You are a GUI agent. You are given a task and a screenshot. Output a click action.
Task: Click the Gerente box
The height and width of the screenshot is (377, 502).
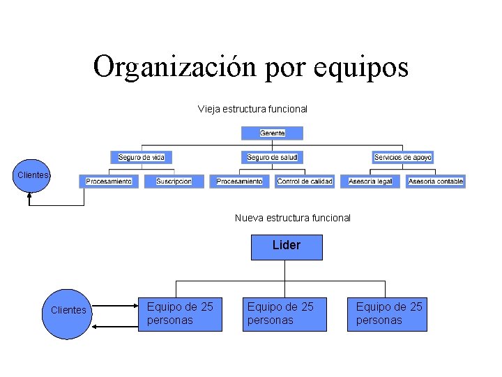(x=272, y=133)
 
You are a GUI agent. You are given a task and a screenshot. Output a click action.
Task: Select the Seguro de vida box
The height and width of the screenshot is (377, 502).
(x=142, y=158)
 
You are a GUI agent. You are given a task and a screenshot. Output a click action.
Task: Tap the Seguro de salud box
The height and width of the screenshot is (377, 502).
(x=272, y=158)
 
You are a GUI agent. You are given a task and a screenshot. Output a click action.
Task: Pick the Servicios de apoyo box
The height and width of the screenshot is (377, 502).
(x=402, y=158)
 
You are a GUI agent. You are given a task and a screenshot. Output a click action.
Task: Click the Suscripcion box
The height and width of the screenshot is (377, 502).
(x=174, y=182)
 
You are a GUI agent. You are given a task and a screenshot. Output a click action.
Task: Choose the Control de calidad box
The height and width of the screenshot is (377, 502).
(x=305, y=182)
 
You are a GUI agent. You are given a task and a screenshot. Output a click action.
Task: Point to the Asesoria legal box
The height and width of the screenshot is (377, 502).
(x=370, y=182)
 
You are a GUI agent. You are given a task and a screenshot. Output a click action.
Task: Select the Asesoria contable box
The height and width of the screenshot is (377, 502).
(x=436, y=182)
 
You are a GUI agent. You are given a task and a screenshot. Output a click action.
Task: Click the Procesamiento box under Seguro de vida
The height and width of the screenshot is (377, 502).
(x=109, y=182)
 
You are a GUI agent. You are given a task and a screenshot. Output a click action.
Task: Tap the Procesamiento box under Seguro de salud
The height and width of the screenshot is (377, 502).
(x=239, y=182)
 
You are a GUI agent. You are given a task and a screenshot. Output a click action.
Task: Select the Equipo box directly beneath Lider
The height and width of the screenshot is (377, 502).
(x=284, y=313)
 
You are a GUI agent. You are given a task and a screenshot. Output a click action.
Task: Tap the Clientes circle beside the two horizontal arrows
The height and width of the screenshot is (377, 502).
(x=67, y=311)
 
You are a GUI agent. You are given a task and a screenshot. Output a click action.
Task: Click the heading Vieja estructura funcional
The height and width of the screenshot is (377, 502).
(x=252, y=109)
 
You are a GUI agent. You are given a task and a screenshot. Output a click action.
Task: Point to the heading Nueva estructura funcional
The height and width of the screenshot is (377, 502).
(x=293, y=218)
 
